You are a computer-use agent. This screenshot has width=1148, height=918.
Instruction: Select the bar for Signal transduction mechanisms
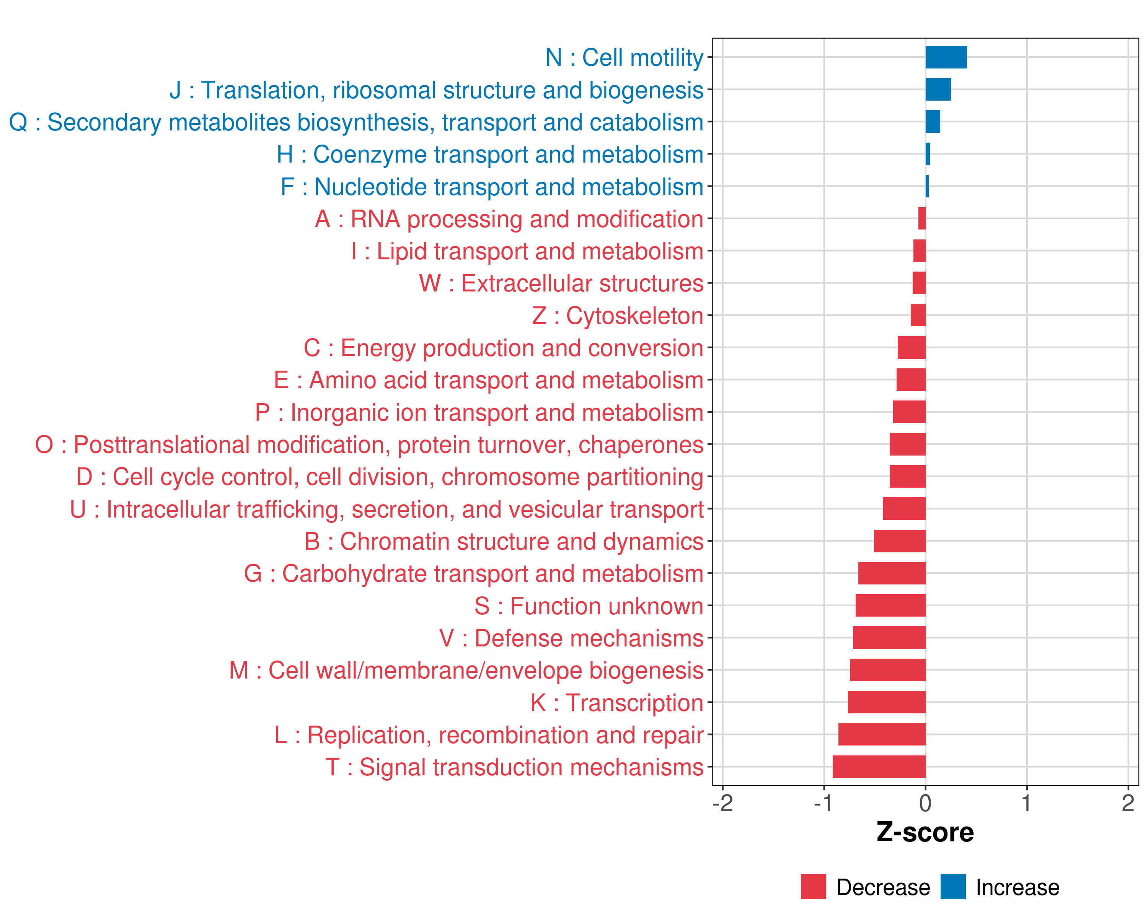pos(879,767)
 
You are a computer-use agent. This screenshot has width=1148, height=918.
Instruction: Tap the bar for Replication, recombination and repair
pos(882,734)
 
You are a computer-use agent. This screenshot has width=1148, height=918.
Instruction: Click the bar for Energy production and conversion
pos(911,348)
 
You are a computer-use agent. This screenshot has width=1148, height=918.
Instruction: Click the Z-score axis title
pos(925,833)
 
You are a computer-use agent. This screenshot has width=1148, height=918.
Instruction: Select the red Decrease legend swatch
pos(813,887)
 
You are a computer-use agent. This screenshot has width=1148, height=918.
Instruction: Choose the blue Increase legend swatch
pos(952,887)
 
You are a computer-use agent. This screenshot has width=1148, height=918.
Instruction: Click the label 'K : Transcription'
pos(616,703)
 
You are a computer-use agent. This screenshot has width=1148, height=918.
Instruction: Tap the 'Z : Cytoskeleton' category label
pos(618,316)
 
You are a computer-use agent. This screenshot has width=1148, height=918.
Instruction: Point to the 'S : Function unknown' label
pos(589,606)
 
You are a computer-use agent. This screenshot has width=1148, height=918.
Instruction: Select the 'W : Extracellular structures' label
pos(561,283)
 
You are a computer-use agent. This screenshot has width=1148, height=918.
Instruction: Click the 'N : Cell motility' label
pos(624,57)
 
